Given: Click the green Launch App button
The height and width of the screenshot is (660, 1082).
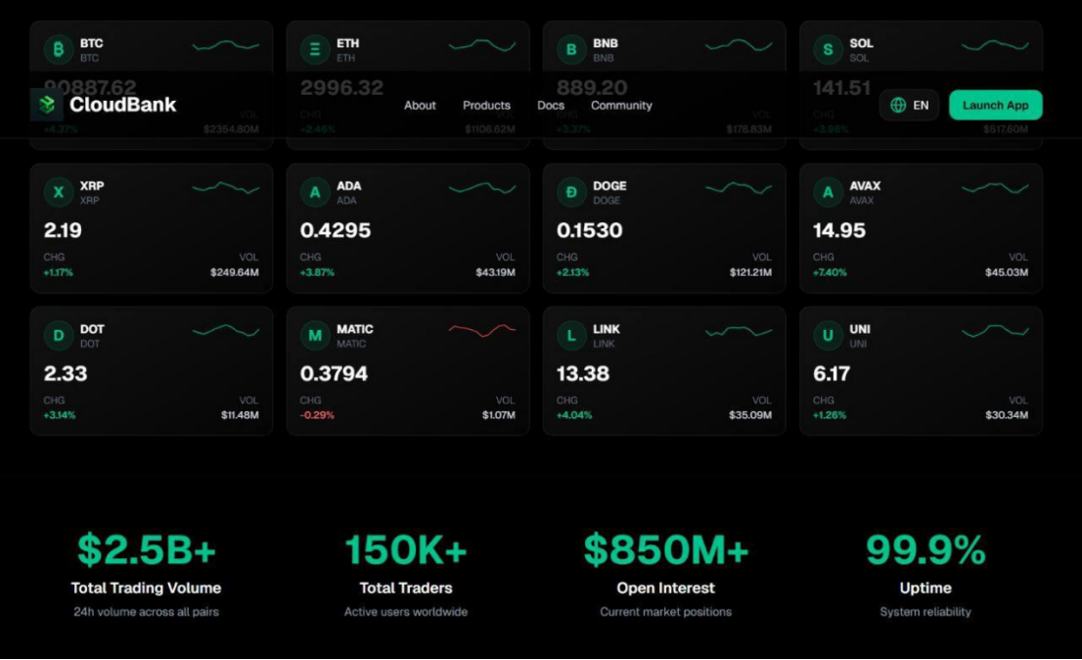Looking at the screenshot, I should pos(995,106).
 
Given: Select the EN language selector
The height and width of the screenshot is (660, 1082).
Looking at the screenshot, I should pos(909,106).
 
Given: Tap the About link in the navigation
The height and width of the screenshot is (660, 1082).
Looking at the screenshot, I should pos(420,106).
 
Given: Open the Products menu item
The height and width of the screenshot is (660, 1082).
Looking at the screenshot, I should pos(486,106).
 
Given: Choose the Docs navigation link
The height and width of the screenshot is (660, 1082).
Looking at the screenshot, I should pos(551,106).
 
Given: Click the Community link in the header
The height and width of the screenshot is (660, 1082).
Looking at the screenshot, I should pos(621,106).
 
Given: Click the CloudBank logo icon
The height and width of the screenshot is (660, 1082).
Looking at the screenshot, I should pos(47,105).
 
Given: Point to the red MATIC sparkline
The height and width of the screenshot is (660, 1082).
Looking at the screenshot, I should pos(482,330).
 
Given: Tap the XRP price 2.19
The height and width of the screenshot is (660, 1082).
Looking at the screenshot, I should pos(63,231).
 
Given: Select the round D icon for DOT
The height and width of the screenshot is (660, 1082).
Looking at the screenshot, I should pos(59,336).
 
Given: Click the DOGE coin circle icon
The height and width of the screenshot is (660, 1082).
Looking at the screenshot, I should pos(571,193).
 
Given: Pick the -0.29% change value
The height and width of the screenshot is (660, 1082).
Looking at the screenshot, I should pos(317,415).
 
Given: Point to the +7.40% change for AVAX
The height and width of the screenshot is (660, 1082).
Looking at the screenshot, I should pos(830,272).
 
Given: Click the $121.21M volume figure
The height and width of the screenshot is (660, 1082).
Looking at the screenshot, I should pos(750,272).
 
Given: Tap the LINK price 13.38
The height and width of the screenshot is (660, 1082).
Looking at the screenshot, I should pos(583,374).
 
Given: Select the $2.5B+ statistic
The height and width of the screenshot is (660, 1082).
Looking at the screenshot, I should pos(147,550).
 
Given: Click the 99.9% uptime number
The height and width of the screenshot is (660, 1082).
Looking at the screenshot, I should pos(925,550).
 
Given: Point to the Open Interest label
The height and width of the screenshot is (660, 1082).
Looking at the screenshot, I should pos(665,589).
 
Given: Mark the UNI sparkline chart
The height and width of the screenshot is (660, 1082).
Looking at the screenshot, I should pos(995,331).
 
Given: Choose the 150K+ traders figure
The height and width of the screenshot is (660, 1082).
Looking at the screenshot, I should pos(406,550).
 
